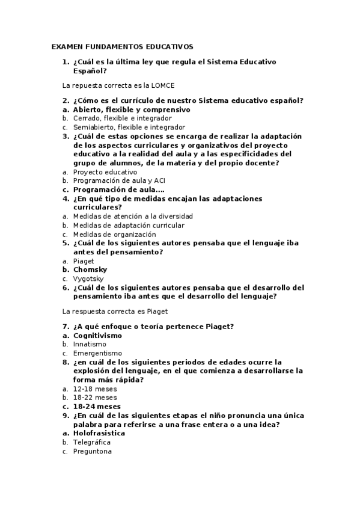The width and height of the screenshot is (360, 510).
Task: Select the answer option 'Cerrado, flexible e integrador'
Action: click(114, 118)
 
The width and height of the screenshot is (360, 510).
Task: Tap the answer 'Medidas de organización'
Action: click(106, 234)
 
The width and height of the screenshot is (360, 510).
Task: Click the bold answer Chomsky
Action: click(90, 269)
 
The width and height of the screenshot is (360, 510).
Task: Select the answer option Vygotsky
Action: click(88, 278)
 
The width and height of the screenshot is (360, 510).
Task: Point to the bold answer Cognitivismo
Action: click(97, 335)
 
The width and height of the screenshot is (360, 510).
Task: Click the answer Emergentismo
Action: click(97, 353)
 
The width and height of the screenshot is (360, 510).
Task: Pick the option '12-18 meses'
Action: click(95, 389)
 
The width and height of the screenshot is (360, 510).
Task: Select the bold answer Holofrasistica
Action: click(99, 433)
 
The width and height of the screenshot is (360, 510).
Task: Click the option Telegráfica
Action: click(92, 442)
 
